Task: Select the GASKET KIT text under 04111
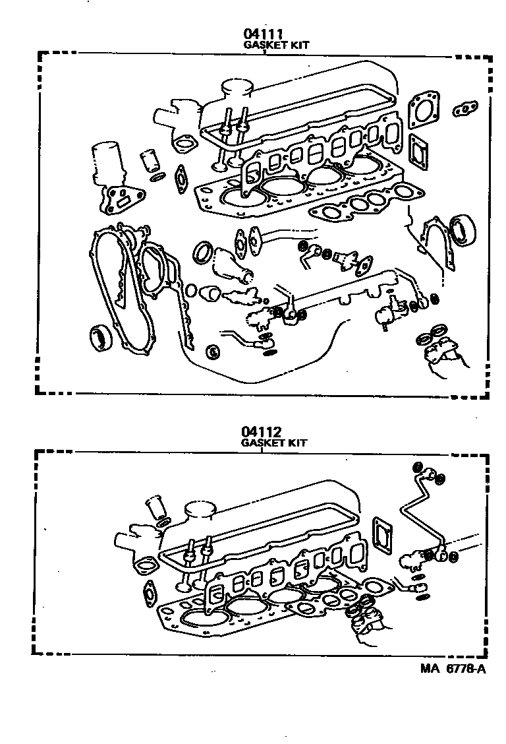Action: point(276,46)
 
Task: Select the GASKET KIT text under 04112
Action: point(274,443)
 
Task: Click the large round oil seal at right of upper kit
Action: point(464,230)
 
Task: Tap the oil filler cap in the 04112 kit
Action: point(200,510)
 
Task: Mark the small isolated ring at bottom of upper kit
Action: point(213,352)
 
